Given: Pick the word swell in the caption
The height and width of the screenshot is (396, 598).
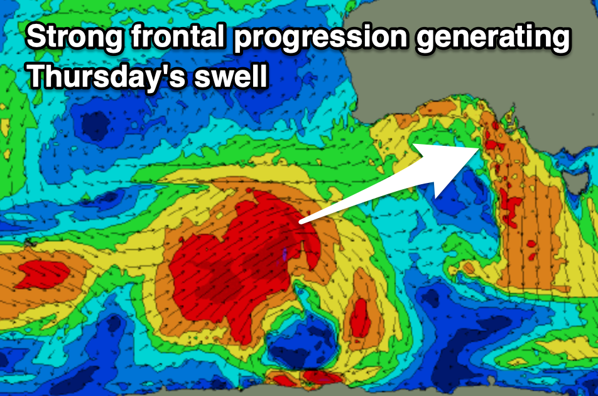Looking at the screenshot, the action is click(231, 75).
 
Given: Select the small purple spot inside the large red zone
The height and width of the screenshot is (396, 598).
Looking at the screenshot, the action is click(285, 254).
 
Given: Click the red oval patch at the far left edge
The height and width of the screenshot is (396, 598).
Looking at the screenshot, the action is click(44, 274).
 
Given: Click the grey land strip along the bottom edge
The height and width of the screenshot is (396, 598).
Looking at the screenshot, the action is click(381, 392).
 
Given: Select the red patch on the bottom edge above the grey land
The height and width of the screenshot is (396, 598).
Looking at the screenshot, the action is click(322, 377).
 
